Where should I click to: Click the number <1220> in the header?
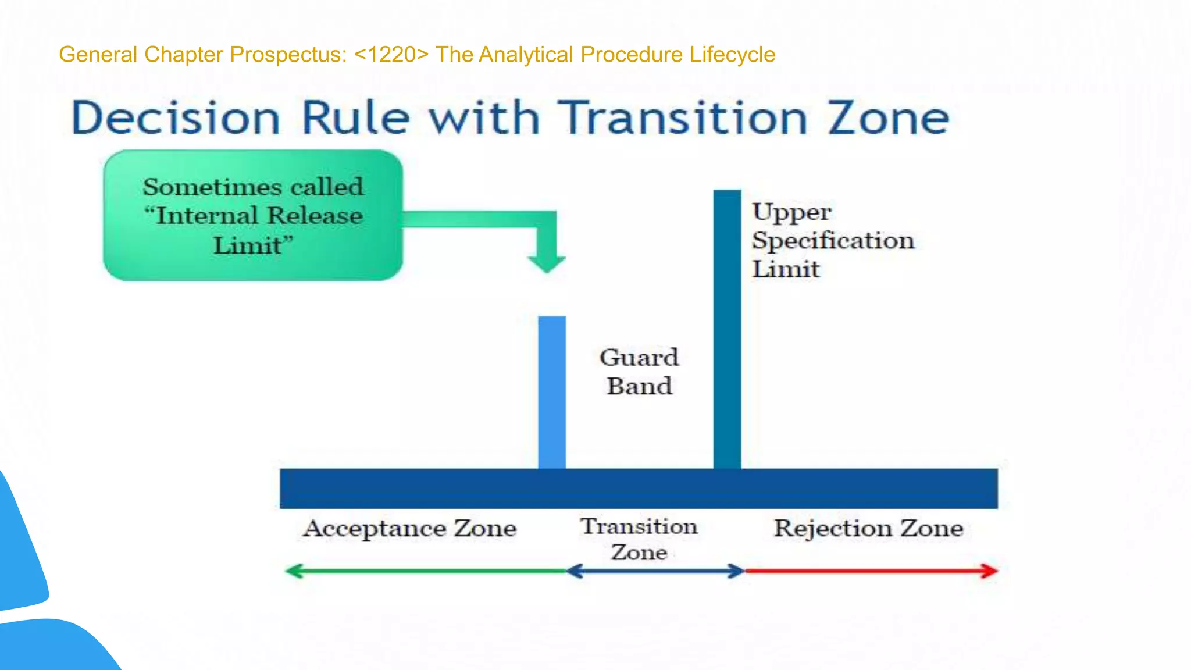391,55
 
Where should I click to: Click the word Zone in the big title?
888,118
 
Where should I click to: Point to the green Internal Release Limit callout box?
253,216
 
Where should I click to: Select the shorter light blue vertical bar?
551,393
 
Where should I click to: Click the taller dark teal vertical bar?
727,329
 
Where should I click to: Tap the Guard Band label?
639,372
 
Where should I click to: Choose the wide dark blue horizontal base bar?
639,489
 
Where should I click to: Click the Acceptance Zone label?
410,529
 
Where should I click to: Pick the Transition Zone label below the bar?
639,539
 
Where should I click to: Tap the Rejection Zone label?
868,529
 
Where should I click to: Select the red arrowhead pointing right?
989,571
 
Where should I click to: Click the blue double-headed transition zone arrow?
655,571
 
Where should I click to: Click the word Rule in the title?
355,118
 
